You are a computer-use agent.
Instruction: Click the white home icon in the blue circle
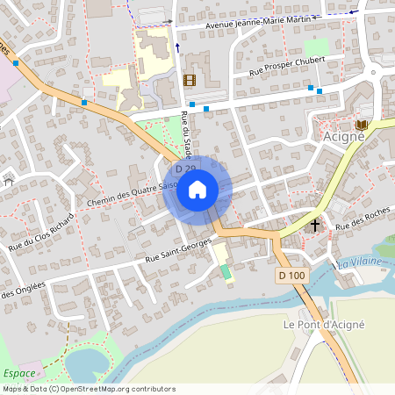pyautogui.click(x=197, y=189)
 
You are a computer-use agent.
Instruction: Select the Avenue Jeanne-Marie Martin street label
pyautogui.click(x=257, y=22)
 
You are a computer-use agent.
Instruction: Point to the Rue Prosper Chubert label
pyautogui.click(x=287, y=66)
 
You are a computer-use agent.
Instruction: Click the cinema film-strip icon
pyautogui.click(x=190, y=80)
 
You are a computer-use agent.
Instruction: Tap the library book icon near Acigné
pyautogui.click(x=362, y=126)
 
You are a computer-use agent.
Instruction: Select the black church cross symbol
pyautogui.click(x=315, y=225)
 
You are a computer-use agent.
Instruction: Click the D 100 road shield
pyautogui.click(x=292, y=276)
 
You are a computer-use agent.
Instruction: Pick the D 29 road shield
pyautogui.click(x=184, y=169)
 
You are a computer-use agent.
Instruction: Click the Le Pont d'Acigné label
pyautogui.click(x=323, y=324)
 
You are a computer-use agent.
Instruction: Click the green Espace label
pyautogui.click(x=19, y=373)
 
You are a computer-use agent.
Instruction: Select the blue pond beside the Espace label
pyautogui.click(x=85, y=363)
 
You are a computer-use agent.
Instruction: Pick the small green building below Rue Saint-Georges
pyautogui.click(x=226, y=271)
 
